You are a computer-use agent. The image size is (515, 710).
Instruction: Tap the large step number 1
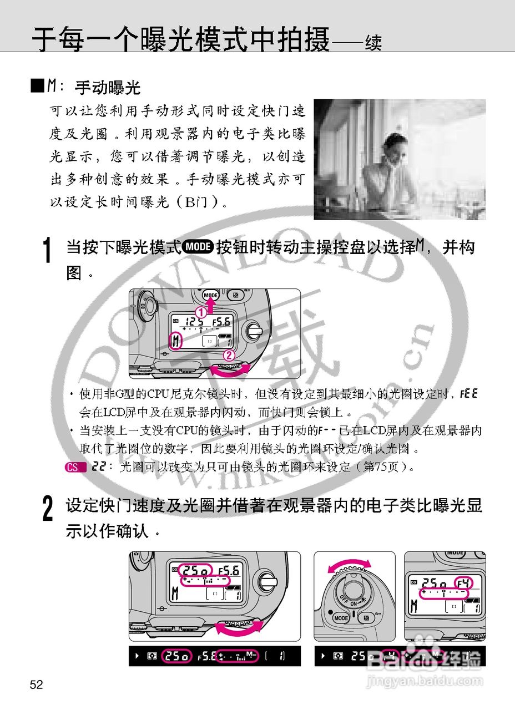coord(48,251)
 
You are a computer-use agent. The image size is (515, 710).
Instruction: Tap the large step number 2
coord(48,509)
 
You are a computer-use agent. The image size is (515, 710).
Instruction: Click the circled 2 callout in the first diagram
coord(227,355)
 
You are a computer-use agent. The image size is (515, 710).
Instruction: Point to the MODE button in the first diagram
coord(211,295)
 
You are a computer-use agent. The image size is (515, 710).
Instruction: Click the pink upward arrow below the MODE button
coord(211,305)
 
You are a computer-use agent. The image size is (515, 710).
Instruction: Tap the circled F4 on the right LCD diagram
coord(463,583)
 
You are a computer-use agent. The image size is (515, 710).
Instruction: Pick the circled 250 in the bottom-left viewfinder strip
coord(176,656)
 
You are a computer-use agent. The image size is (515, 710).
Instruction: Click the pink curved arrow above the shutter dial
coord(349,565)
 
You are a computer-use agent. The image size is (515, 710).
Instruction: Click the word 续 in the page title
coord(372,43)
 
